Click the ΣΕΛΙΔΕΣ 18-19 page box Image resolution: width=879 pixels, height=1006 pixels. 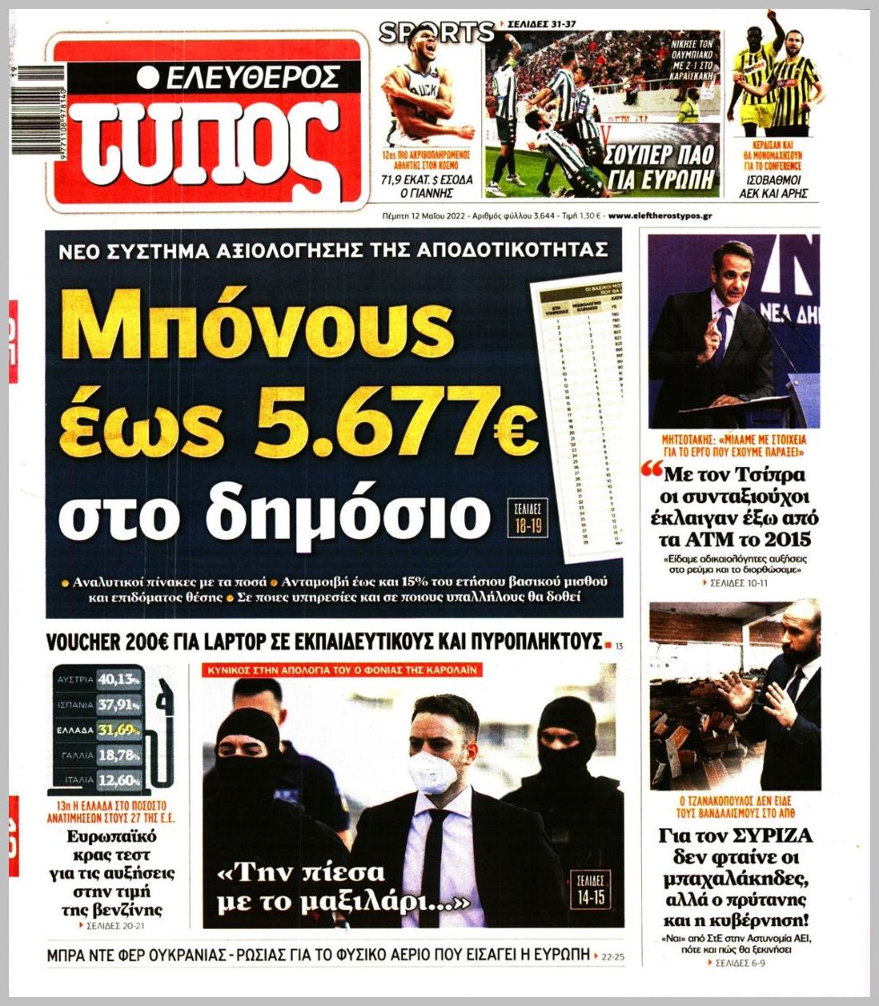coord(524,516)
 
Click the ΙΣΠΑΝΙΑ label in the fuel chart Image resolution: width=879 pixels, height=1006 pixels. coord(76,705)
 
